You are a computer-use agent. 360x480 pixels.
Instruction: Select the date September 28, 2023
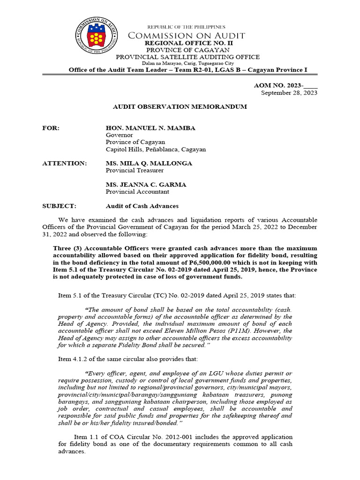point(289,93)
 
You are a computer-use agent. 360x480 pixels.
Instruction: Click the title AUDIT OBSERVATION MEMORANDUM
point(180,107)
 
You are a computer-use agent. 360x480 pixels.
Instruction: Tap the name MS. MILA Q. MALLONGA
point(149,163)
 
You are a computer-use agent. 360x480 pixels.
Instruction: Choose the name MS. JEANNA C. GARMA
point(146,185)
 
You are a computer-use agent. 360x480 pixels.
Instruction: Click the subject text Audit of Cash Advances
point(142,206)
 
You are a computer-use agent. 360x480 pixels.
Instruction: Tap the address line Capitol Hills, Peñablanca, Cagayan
point(156,150)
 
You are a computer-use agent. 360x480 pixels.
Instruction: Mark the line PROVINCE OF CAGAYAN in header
point(187,50)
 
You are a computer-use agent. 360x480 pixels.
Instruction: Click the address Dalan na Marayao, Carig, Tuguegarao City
point(187,63)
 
